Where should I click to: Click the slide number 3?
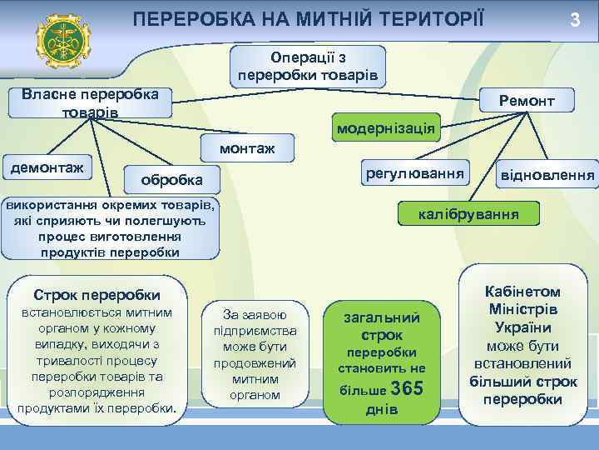574,18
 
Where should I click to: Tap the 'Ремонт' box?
526,101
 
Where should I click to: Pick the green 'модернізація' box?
384,128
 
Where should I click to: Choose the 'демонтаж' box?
47,168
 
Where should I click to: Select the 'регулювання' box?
413,173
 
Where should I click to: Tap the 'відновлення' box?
546,176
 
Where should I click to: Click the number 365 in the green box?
407,388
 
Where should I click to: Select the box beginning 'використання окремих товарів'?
111,228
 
